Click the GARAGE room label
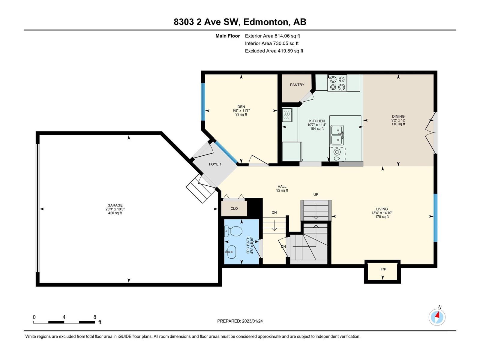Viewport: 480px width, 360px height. tap(115, 205)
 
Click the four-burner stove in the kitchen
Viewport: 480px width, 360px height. tap(337, 83)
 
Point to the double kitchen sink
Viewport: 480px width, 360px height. tap(337, 135)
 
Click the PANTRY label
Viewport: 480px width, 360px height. tap(297, 85)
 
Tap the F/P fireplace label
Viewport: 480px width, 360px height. tap(383, 269)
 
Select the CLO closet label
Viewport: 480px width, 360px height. tap(234, 208)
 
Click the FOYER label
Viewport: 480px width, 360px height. tap(215, 164)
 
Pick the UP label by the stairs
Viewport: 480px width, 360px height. tap(316, 194)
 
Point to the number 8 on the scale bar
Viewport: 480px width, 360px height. tap(95, 317)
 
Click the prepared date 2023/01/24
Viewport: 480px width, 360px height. tap(252, 321)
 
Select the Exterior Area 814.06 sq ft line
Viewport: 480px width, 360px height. tap(272, 36)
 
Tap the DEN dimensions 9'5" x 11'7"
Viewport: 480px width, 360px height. tap(241, 111)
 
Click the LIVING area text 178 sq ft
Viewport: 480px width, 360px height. tap(382, 217)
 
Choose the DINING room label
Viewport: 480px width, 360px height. tap(398, 116)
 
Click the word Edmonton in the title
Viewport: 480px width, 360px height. tap(266, 22)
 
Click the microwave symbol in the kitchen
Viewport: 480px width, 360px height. tap(287, 115)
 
